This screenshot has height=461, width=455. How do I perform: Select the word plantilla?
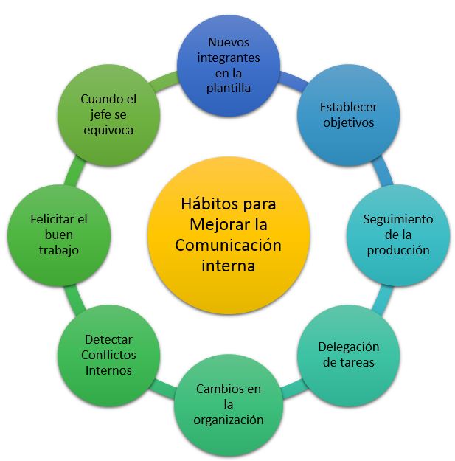(x=229, y=88)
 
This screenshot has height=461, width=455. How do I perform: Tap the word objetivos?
(x=348, y=122)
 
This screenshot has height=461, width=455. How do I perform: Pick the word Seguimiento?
(x=398, y=219)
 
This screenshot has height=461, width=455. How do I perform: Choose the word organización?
(x=229, y=420)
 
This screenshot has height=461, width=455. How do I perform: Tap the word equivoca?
(x=108, y=129)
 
